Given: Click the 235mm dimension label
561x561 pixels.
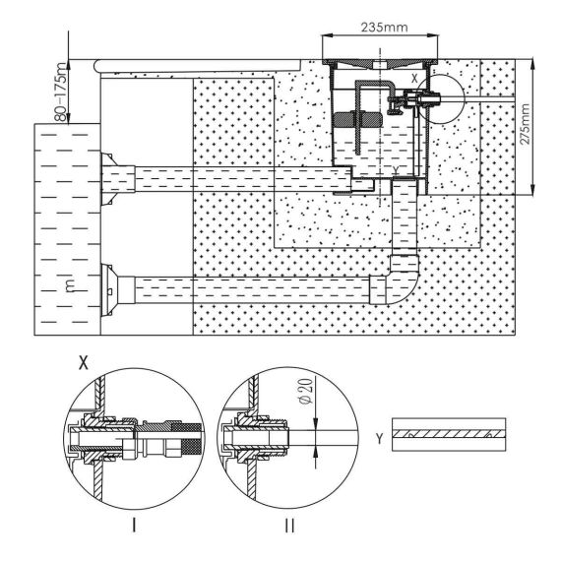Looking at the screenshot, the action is [x=384, y=28].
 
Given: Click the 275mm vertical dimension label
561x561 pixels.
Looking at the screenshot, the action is [x=525, y=124].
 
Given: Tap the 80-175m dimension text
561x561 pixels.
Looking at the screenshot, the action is [x=61, y=92].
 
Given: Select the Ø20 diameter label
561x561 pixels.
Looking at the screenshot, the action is [x=306, y=391].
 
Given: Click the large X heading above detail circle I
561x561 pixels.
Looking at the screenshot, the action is [x=84, y=363].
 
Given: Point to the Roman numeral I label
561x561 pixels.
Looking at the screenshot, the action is [x=134, y=526].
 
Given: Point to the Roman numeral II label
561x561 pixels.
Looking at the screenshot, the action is [x=289, y=526].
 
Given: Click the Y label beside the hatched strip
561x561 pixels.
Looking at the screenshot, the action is [x=380, y=438].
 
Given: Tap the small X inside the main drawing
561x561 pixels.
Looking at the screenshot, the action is [x=414, y=79].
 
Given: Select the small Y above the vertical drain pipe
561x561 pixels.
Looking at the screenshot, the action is [x=396, y=169].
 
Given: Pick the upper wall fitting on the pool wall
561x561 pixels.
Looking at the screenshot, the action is [x=107, y=179].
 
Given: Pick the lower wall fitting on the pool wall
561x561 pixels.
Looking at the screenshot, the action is [x=107, y=290].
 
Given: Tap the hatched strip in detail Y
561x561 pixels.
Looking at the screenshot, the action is [x=449, y=434].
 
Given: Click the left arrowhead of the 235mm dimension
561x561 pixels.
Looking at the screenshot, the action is [x=328, y=35].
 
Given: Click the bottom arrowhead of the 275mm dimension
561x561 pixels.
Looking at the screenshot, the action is [x=533, y=190].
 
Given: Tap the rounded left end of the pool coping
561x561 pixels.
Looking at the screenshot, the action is [x=95, y=66].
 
